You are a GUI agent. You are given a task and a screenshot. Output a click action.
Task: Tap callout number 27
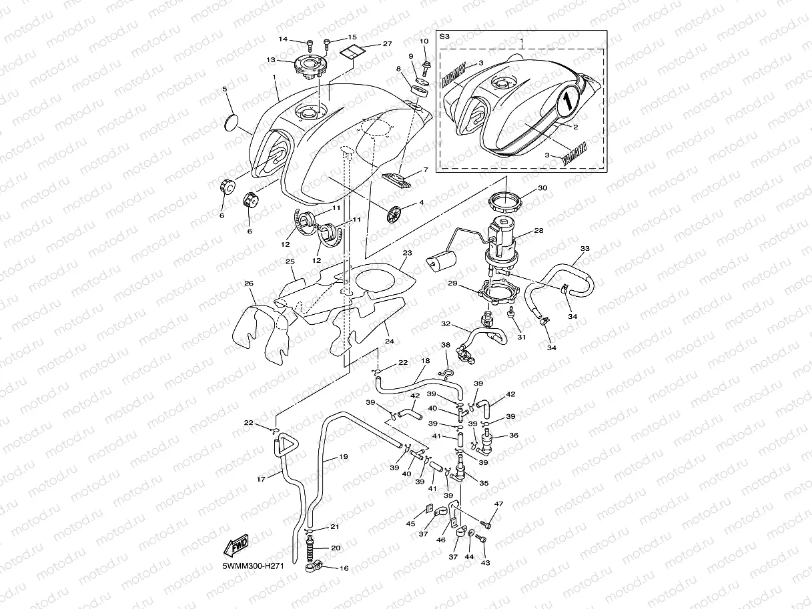[x=387, y=44]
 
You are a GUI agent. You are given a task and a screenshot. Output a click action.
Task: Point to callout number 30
[x=542, y=188]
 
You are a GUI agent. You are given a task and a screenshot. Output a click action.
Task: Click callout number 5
[x=225, y=89]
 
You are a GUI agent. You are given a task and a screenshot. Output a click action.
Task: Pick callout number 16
[x=344, y=568]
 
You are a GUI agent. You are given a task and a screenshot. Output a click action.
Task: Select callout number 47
[x=498, y=504]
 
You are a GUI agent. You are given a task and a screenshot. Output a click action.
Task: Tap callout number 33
[x=585, y=249]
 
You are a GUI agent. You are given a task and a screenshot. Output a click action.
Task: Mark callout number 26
[x=248, y=283]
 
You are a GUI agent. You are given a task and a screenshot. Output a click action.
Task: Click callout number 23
[x=407, y=253]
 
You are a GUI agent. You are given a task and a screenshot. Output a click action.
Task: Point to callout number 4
[x=421, y=202]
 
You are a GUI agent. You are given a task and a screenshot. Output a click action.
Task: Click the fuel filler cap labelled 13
[x=308, y=66]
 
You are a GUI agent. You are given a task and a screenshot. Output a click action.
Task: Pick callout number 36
[x=513, y=435]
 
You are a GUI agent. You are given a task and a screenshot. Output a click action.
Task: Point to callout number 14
[x=283, y=39]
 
